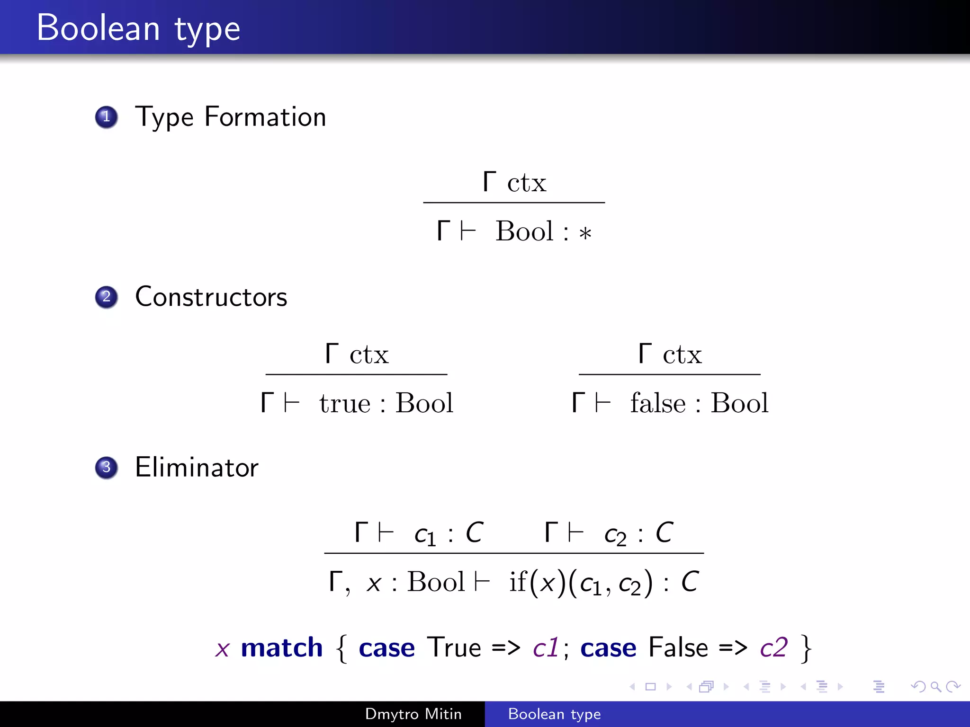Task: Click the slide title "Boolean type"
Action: [138, 28]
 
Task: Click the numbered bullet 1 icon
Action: [107, 117]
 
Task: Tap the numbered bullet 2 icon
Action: [107, 297]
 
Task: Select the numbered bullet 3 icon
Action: [107, 468]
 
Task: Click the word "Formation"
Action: [265, 117]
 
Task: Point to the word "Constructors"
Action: [211, 297]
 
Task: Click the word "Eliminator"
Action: [197, 468]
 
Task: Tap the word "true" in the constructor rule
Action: [344, 404]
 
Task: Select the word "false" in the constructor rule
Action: [657, 404]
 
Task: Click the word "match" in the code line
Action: [282, 647]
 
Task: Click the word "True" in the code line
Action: [454, 647]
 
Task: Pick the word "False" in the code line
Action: [678, 647]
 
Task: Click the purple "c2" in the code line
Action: [774, 647]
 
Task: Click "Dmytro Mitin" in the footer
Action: [413, 714]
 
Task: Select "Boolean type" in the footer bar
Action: [554, 714]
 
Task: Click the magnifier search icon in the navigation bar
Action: [935, 686]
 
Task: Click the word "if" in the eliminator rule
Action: [518, 582]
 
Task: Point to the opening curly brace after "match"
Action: [341, 648]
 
